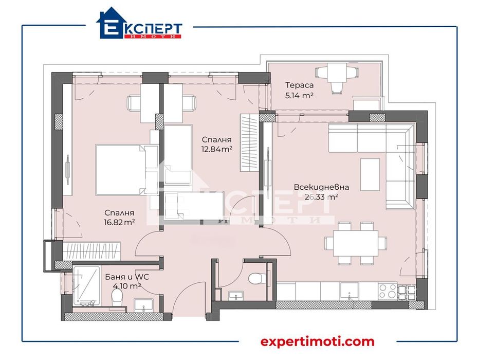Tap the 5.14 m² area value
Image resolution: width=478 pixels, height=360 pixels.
pyautogui.click(x=299, y=95)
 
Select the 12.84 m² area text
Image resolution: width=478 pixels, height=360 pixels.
pyautogui.click(x=216, y=149)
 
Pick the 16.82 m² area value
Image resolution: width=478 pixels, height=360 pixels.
pyautogui.click(x=119, y=222)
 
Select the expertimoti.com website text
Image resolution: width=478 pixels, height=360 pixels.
pyautogui.click(x=317, y=341)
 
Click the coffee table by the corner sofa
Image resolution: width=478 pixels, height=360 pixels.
pyautogui.click(x=370, y=174)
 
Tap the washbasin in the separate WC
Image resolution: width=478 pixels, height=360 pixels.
pyautogui.click(x=236, y=296)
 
